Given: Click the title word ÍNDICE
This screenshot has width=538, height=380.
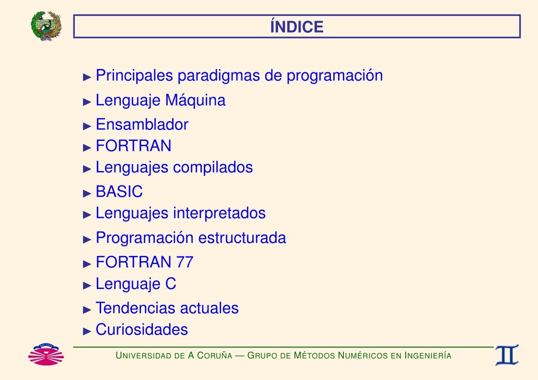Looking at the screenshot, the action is coord(297,27).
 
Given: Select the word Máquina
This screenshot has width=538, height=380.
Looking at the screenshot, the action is coord(195,101).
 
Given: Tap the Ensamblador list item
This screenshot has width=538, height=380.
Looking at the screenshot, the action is coord(142,125).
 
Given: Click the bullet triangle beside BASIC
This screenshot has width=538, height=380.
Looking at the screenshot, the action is coord(87,194).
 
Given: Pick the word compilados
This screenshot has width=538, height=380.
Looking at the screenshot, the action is coord(213,168).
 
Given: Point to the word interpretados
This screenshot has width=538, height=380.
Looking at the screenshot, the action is coord(219,213).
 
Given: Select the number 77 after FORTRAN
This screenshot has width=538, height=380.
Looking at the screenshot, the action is coord(185,263).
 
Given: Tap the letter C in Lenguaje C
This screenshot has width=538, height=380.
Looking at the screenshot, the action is coord(171,284).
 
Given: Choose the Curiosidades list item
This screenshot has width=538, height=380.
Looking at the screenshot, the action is coord(142,330).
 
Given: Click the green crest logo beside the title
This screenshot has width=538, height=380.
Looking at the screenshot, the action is coord(46,26).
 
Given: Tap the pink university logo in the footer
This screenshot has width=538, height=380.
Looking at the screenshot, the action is coord(46,354).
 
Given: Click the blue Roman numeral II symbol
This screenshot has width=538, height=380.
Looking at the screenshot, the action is coord(507,355).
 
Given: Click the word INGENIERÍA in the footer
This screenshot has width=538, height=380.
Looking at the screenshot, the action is coord(428,355).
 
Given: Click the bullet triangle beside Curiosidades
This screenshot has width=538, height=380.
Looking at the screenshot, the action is coord(87,331).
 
